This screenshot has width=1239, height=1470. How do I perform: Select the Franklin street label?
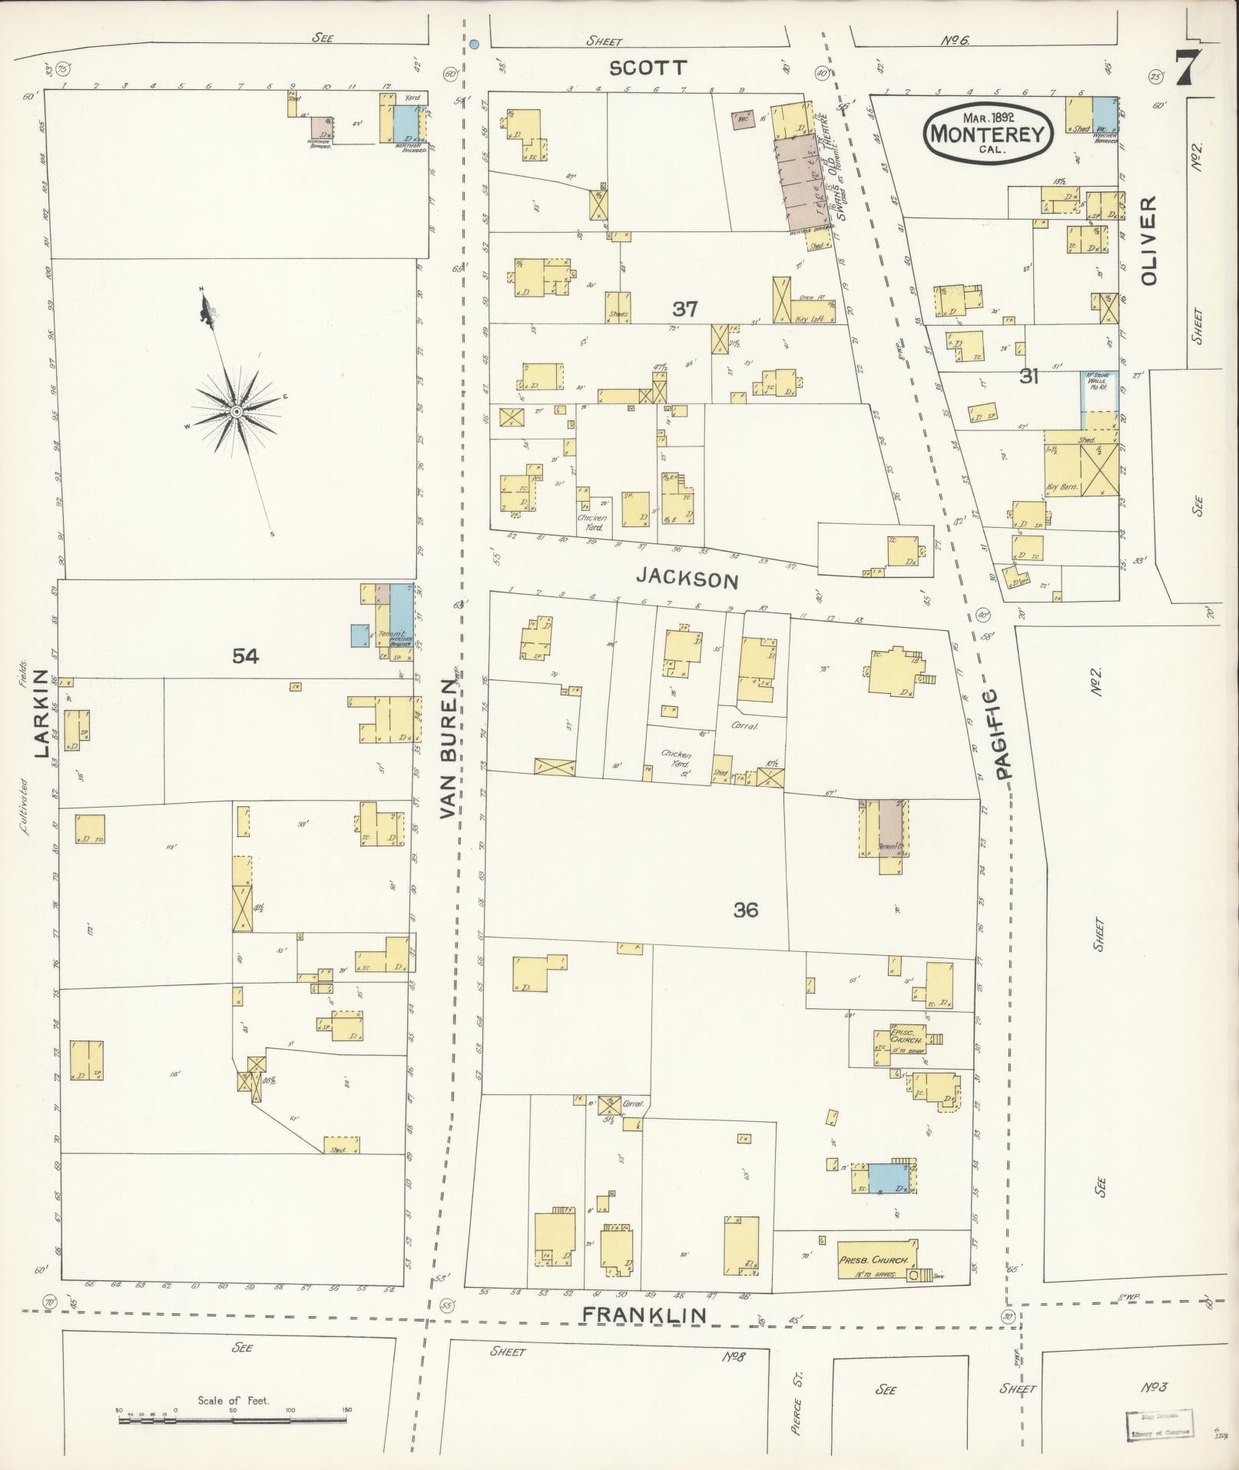(x=644, y=1315)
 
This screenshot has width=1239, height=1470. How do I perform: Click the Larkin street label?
(x=41, y=713)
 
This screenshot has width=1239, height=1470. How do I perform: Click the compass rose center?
(x=237, y=413)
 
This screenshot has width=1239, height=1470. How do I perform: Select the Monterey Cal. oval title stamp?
(x=987, y=133)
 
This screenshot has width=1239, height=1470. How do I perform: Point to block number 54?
(x=246, y=655)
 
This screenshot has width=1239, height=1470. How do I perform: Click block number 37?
(x=684, y=309)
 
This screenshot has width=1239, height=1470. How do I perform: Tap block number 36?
(x=745, y=910)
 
